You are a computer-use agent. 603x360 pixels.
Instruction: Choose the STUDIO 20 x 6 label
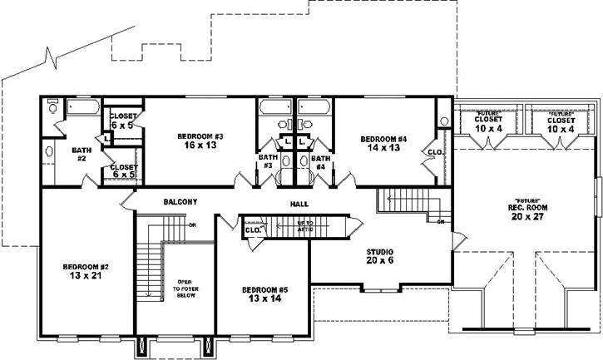[x=379, y=255]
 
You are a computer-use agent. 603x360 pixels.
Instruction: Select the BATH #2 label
[x=81, y=154]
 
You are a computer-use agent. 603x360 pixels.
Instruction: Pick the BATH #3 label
[x=267, y=160]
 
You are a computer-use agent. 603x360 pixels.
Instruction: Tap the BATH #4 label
[x=320, y=160]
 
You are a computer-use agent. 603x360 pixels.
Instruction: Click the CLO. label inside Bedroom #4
[x=434, y=152]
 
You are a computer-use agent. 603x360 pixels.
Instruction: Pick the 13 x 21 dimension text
[x=83, y=276]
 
